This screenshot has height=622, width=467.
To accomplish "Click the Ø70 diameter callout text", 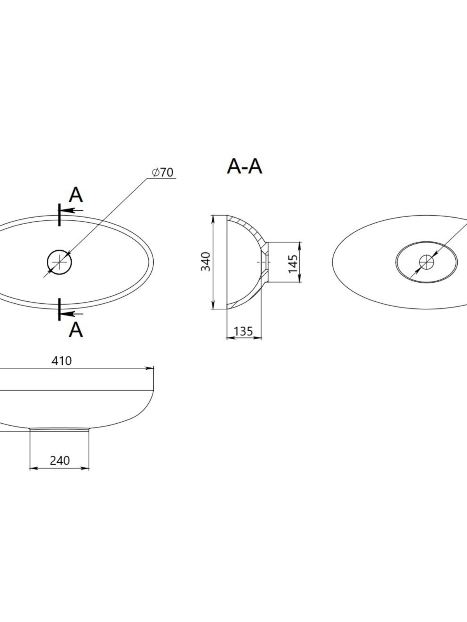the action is pos(162,173).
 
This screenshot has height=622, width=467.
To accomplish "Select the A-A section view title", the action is pos(244,167).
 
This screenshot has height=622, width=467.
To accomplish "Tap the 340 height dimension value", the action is pos(205,262).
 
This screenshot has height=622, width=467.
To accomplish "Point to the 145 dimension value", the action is pos(293,264).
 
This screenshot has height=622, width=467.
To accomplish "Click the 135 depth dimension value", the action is pos(243,331).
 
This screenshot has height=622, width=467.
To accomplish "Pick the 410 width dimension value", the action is pos(61,361).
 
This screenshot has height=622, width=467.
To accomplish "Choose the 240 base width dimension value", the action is pos(60,461).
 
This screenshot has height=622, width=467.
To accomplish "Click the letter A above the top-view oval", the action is pos(76,195).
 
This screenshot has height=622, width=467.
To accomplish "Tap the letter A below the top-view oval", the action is pos(76,330).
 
